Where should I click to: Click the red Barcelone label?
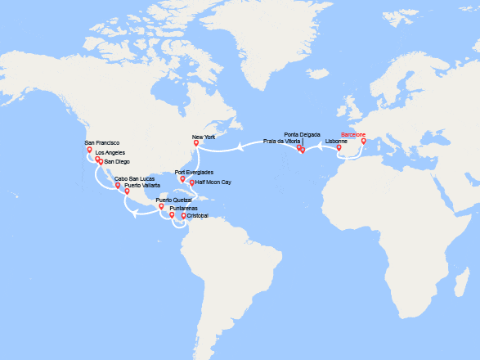[353, 134]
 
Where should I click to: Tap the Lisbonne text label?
[336, 142]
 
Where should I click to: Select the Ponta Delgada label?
[302, 134]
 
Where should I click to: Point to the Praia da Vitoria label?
[280, 142]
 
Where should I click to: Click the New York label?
[204, 137]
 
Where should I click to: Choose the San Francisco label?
[102, 143]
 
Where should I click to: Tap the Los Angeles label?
[111, 153]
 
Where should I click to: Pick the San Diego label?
[116, 161]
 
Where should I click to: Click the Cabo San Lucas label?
[135, 178]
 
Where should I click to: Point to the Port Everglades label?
[194, 172]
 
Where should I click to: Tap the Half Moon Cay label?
[213, 182]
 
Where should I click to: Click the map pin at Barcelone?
[364, 141]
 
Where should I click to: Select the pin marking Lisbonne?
[339, 148]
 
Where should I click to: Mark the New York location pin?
[195, 143]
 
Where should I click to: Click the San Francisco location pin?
[90, 150]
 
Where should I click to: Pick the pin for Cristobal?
[183, 216]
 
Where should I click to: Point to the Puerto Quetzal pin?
[161, 206]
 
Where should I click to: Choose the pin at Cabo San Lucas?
[119, 185]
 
